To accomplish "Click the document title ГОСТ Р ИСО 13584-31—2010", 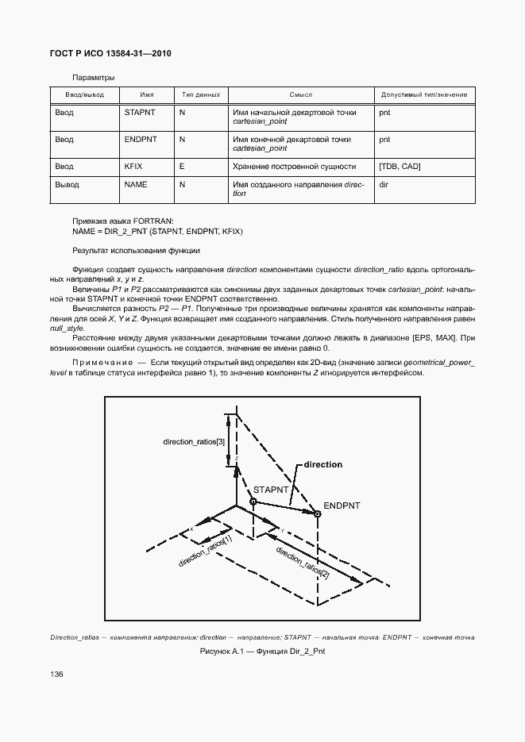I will tap(110, 53).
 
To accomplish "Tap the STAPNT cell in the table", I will tap(140, 113).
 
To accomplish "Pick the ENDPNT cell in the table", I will tap(141, 139).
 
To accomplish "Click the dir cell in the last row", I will tap(384, 184).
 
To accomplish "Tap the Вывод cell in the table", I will tap(67, 184).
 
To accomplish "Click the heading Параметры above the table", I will tap(94, 78).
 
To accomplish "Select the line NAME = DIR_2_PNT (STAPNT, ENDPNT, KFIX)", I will tap(157, 231).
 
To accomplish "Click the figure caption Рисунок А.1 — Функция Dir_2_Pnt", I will tap(262, 651).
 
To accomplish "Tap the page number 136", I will tap(56, 674).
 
